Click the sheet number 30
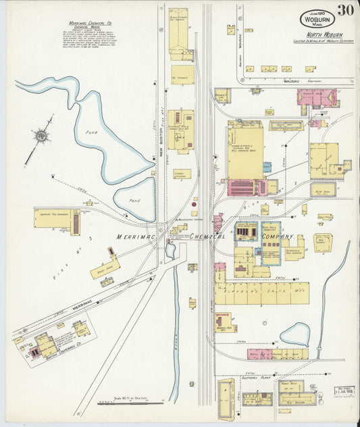point(346,10)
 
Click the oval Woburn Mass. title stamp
point(317,19)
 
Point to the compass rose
point(42,137)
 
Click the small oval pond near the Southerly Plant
point(294,333)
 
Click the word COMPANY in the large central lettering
point(277,237)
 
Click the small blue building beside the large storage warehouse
point(267,167)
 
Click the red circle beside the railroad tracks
point(194,203)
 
